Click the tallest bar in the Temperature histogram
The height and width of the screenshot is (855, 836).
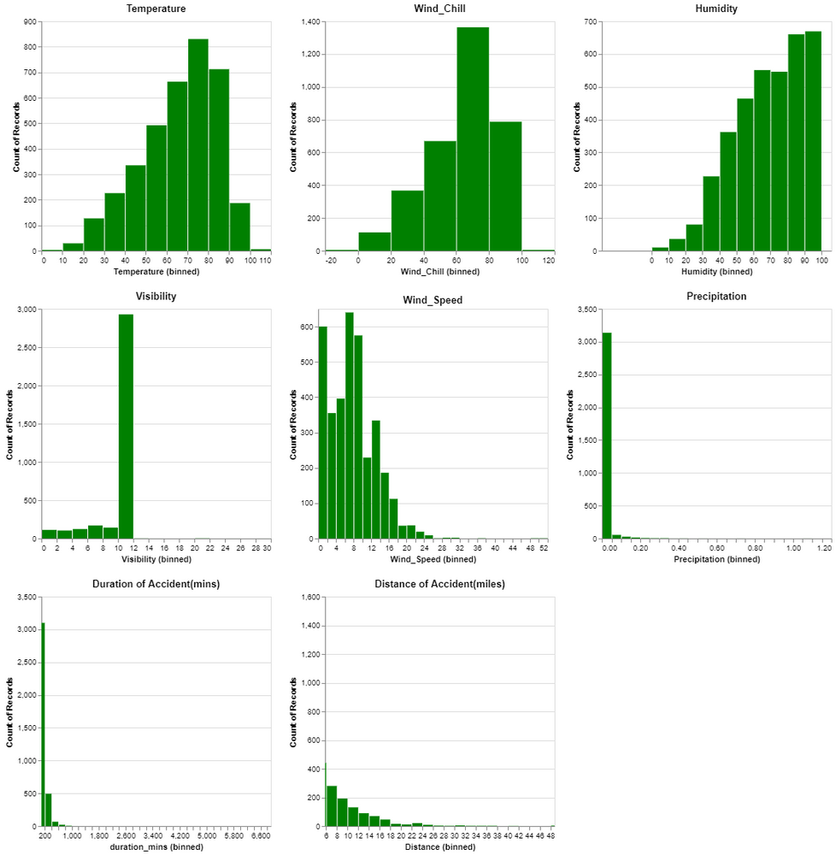click(x=198, y=145)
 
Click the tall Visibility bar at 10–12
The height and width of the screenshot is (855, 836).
click(x=126, y=427)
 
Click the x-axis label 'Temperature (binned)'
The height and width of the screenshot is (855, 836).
click(x=157, y=272)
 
